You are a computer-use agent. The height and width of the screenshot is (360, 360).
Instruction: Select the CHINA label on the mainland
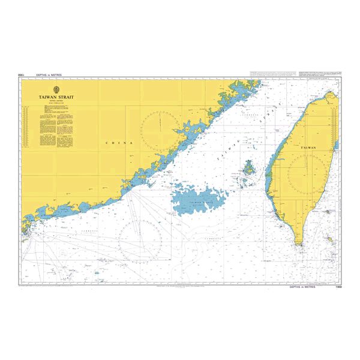click(x=115, y=143)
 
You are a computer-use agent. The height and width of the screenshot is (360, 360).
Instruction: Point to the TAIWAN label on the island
click(x=308, y=147)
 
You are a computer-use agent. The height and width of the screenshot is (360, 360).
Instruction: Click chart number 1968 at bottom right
click(x=335, y=287)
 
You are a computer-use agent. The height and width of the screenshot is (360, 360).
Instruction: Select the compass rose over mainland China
click(x=160, y=127)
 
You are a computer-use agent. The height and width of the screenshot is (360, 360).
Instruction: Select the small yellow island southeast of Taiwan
click(x=329, y=239)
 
